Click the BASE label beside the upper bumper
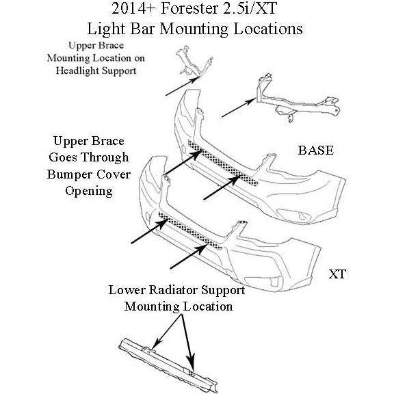[316, 150]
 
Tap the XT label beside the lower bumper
[337, 274]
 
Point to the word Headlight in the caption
[78, 70]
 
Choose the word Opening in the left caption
[89, 192]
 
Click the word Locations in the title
[268, 29]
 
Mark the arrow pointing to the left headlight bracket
[182, 86]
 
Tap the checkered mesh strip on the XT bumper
[190, 230]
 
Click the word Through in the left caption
[105, 158]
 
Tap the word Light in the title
[106, 29]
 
